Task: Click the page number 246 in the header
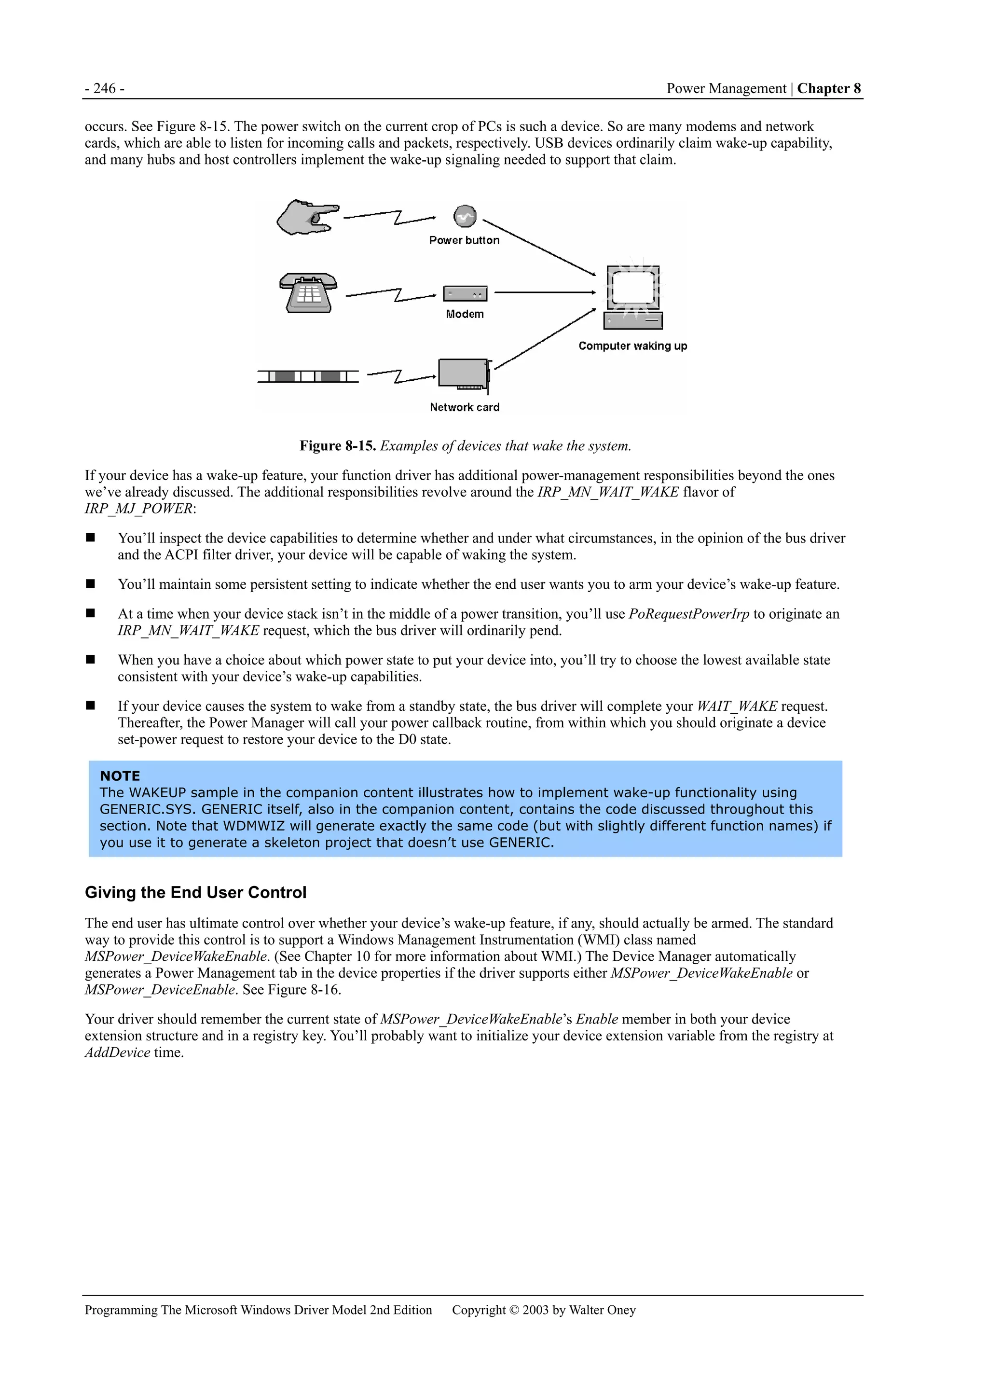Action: pyautogui.click(x=104, y=89)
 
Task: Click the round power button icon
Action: pyautogui.click(x=465, y=216)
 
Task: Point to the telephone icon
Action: pyautogui.click(x=308, y=293)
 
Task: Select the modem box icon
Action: pyautogui.click(x=465, y=293)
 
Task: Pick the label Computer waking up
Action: pyautogui.click(x=632, y=346)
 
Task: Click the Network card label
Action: pyautogui.click(x=465, y=407)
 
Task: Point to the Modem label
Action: pyautogui.click(x=465, y=314)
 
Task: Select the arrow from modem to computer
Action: pyautogui.click(x=544, y=293)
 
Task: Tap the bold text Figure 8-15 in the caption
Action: pyautogui.click(x=337, y=446)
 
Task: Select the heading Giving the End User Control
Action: pyautogui.click(x=195, y=893)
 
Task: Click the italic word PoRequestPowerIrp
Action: pyautogui.click(x=688, y=614)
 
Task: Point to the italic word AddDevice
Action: pyautogui.click(x=117, y=1053)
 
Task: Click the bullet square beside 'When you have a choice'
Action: pyautogui.click(x=91, y=659)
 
